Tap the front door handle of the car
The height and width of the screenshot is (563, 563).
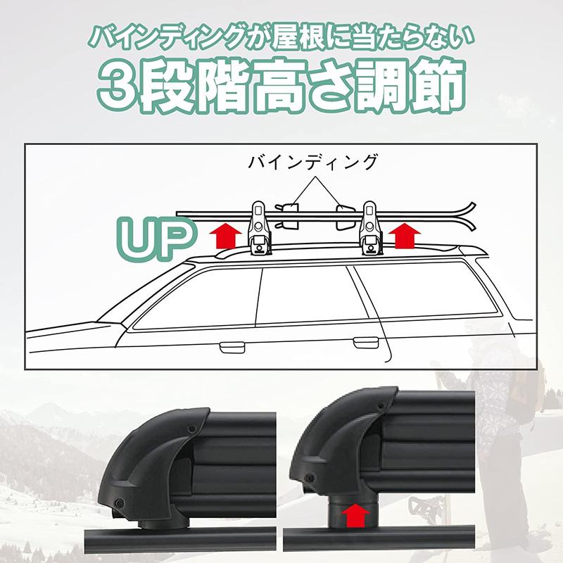230,347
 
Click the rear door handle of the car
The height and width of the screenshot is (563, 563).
366,342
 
